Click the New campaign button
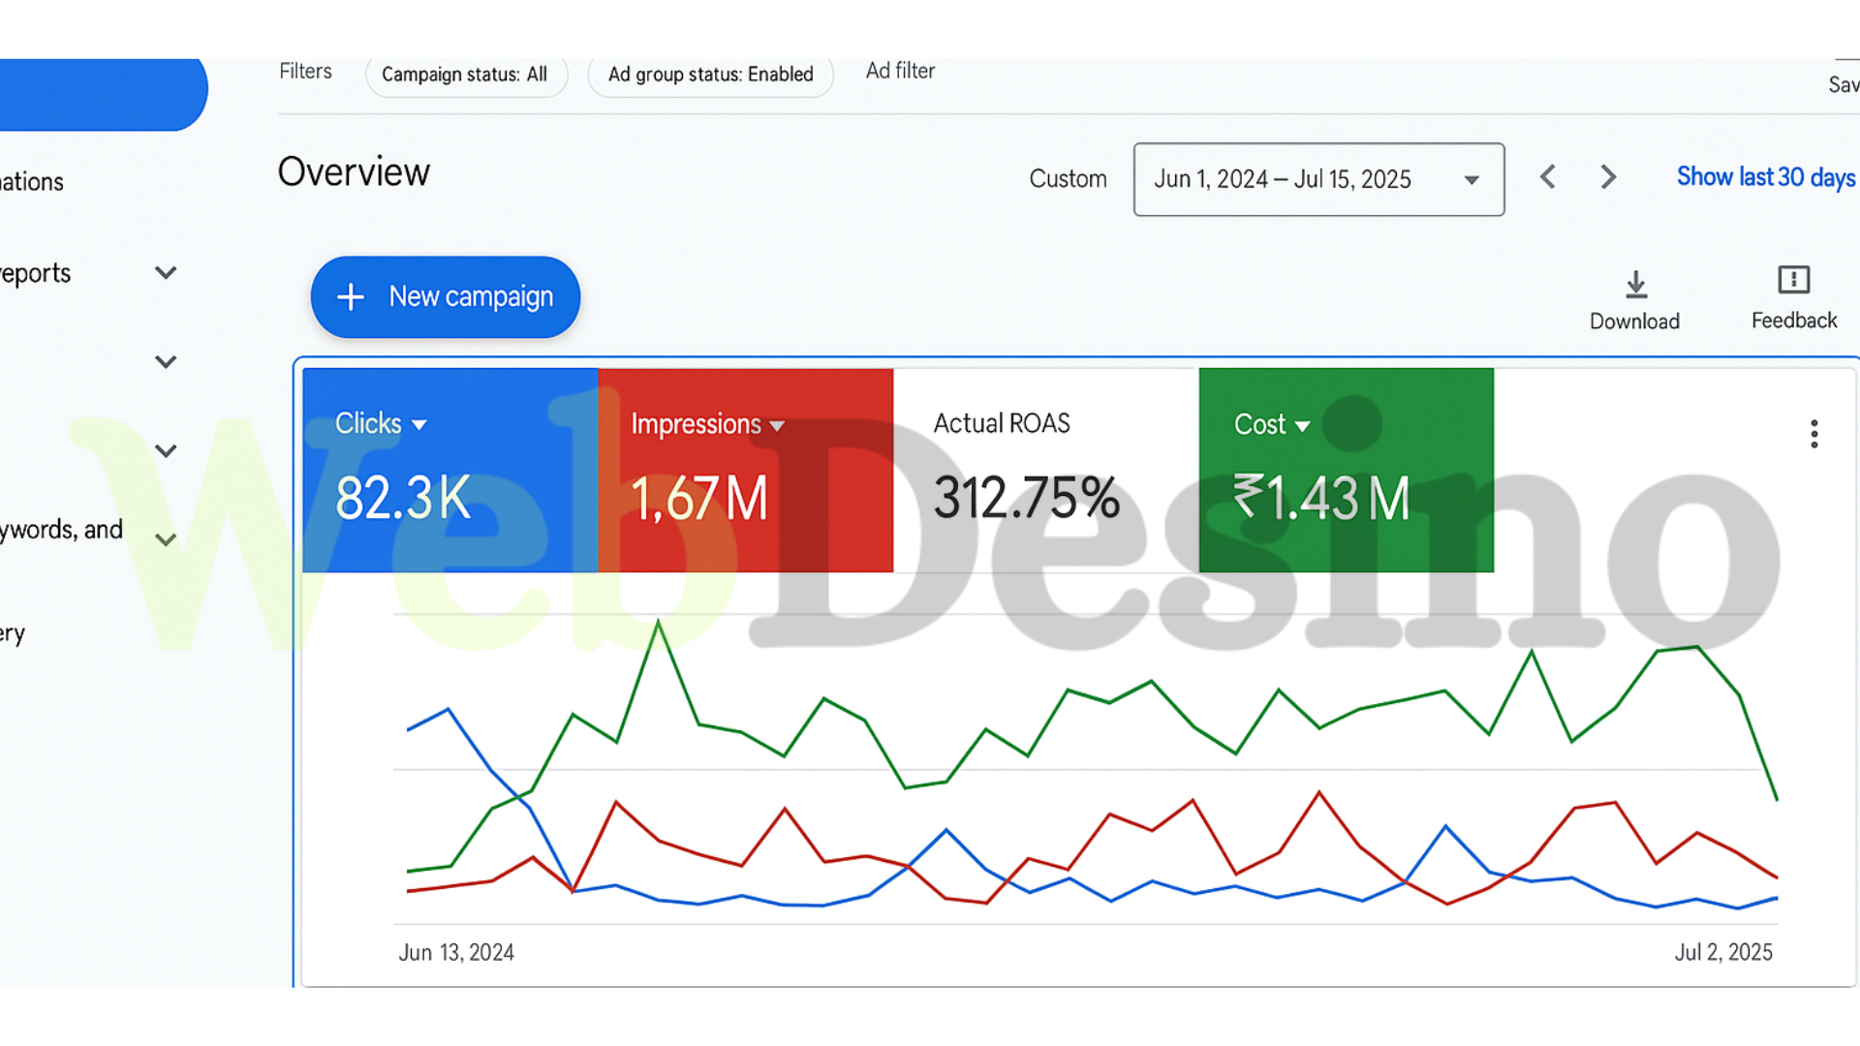pos(446,297)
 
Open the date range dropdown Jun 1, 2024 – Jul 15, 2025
pos(1317,179)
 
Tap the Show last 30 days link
pos(1765,177)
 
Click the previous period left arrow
pos(1548,177)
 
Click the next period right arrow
pos(1608,177)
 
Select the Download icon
pos(1635,285)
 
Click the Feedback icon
pos(1793,281)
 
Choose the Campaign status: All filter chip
pos(465,75)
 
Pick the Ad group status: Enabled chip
pos(710,75)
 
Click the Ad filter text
pos(900,71)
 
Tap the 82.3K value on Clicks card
pos(403,498)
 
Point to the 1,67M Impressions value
pos(699,499)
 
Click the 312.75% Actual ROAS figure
pos(1026,498)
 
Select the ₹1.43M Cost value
pos(1321,498)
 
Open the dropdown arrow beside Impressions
pos(777,426)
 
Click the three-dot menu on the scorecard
pos(1813,434)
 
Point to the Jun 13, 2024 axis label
pos(456,952)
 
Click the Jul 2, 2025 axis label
pos(1723,952)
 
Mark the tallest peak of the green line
pos(659,622)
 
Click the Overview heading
pos(354,172)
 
